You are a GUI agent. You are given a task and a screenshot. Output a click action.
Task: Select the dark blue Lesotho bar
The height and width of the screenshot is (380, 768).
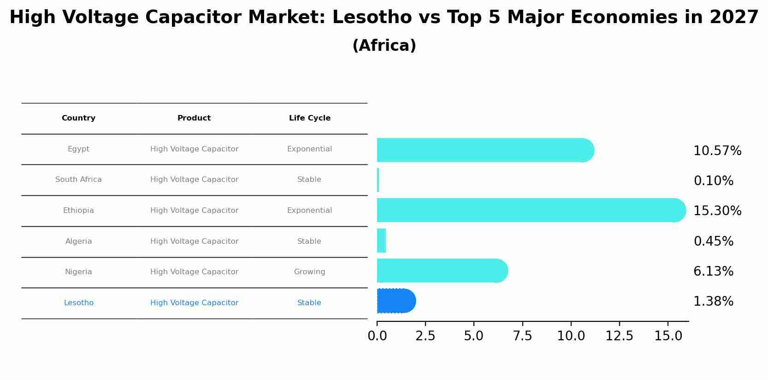click(396, 301)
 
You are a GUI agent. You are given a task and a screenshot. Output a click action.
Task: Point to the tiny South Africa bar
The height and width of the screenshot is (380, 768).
click(378, 180)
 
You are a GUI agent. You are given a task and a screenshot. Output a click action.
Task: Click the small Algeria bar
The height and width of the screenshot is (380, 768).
click(381, 241)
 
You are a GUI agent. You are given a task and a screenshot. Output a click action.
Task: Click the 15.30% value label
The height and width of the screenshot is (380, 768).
click(717, 211)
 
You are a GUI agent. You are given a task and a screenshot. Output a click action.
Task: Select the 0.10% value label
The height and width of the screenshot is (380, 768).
click(713, 181)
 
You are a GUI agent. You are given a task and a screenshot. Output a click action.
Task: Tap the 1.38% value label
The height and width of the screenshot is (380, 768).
click(713, 302)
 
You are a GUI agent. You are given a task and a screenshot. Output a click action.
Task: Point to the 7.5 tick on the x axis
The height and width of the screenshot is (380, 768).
click(522, 336)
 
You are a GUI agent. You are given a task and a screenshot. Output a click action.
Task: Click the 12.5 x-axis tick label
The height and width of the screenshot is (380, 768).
click(619, 336)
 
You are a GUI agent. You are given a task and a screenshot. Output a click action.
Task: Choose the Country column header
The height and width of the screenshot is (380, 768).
click(78, 118)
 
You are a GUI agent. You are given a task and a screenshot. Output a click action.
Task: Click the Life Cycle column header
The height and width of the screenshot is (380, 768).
click(310, 118)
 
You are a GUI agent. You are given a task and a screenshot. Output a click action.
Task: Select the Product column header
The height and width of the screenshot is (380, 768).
click(194, 118)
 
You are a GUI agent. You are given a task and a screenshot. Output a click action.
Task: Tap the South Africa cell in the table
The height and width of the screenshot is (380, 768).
click(78, 180)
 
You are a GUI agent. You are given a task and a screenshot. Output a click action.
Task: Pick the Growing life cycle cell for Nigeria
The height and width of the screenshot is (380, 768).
click(309, 272)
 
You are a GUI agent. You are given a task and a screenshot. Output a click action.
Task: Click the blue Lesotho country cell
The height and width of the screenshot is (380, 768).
click(78, 303)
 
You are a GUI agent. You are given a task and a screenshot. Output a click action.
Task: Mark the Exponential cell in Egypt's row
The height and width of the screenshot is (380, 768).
click(309, 149)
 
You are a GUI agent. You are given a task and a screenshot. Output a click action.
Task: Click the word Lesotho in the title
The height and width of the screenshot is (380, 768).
click(372, 18)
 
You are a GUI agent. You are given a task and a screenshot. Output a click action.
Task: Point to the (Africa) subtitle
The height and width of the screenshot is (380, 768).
click(384, 46)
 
